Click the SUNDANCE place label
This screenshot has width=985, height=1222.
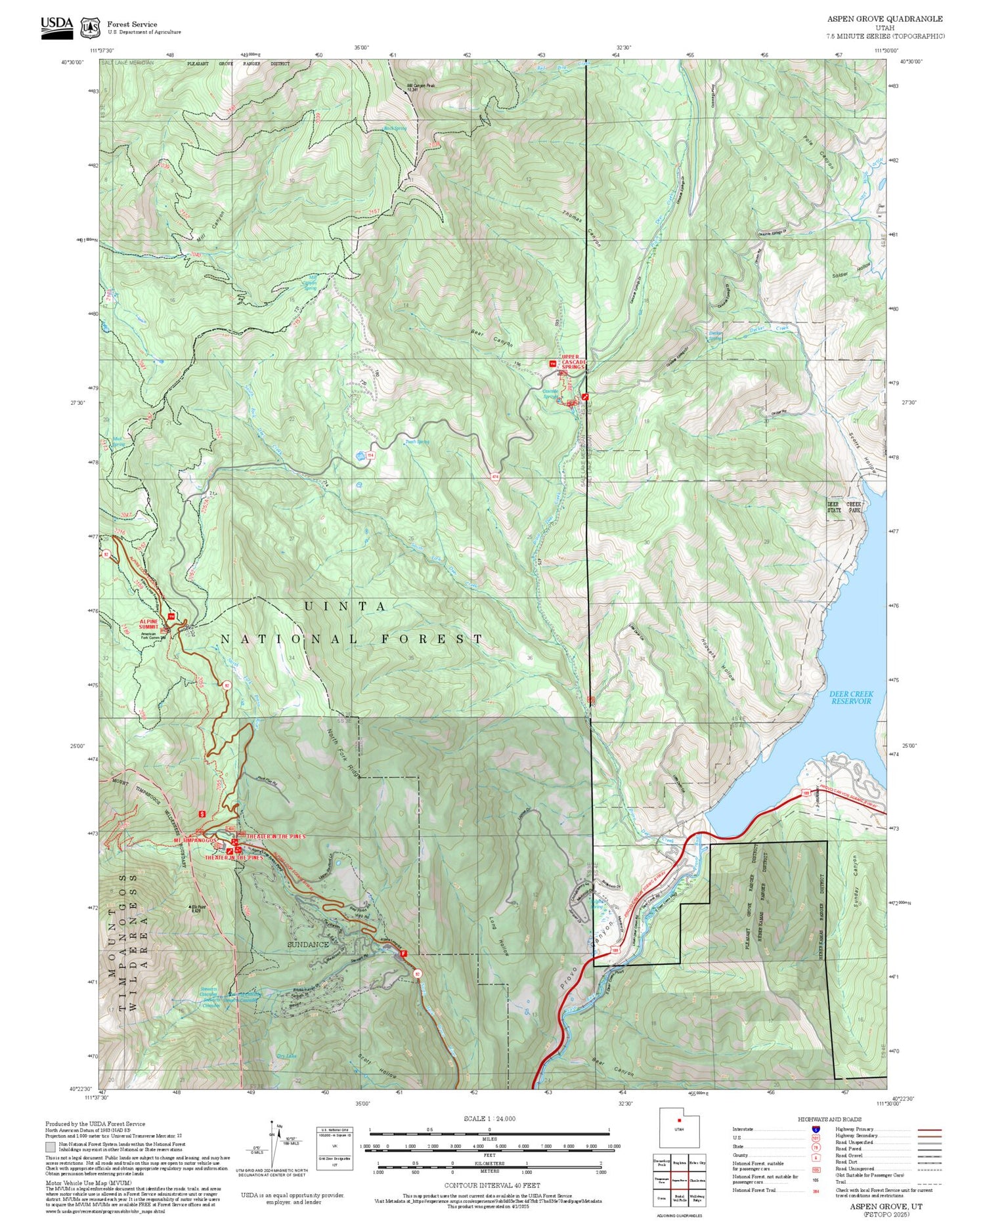click(308, 944)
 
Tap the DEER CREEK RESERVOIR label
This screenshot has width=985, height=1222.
click(850, 697)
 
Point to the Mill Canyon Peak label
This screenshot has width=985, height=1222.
click(421, 86)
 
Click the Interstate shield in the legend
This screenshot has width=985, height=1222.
click(816, 1129)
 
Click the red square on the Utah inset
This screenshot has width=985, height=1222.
click(678, 1120)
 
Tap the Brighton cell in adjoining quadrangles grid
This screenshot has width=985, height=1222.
click(678, 1162)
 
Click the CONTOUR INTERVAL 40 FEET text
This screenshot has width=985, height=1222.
click(492, 1186)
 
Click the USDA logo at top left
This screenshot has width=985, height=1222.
click(56, 24)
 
